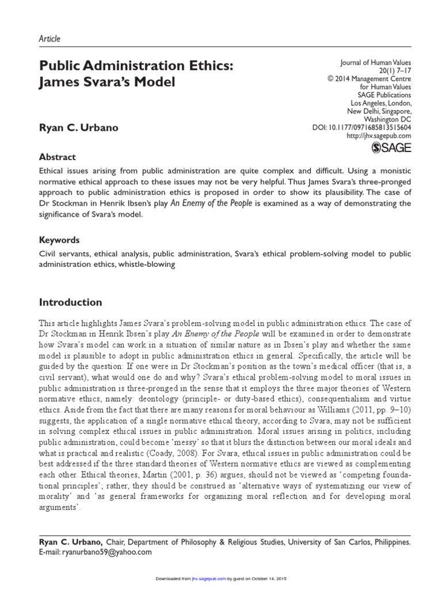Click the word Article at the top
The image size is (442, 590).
pos(49,39)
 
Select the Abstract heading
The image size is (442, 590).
pos(57,157)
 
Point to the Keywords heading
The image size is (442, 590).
pos(59,240)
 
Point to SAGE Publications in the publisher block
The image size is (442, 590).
pos(384,94)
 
